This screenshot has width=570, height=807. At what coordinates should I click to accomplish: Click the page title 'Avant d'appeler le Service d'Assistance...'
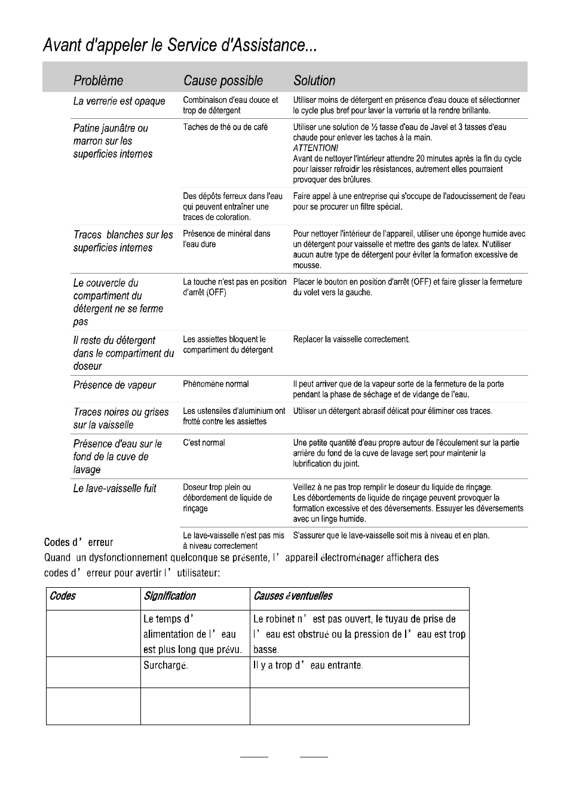(179, 45)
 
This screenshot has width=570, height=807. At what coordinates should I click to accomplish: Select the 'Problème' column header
(98, 81)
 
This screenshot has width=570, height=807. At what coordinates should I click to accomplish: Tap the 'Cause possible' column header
(223, 81)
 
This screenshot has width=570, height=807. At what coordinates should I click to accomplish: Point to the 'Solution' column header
(314, 81)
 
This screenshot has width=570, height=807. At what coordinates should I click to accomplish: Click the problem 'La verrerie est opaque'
(119, 101)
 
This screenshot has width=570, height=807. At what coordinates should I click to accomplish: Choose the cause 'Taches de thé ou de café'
(225, 127)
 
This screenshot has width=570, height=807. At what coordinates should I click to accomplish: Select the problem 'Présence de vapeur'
(114, 385)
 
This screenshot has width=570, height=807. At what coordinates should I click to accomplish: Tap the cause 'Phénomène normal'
(216, 384)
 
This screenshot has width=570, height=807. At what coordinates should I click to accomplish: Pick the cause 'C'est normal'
(204, 443)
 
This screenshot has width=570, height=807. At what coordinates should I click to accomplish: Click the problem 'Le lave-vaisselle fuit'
(115, 489)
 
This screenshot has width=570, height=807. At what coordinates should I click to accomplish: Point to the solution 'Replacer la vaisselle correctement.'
(351, 339)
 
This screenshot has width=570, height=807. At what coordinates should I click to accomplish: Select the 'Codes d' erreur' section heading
(78, 542)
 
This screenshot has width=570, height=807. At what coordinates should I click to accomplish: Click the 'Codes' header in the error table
(63, 596)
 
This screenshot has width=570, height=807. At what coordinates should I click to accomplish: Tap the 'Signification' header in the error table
(170, 596)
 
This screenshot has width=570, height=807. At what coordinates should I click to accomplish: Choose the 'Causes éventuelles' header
(293, 596)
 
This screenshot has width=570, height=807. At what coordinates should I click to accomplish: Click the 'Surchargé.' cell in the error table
(166, 665)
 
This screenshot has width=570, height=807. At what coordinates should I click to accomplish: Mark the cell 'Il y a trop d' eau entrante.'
(308, 665)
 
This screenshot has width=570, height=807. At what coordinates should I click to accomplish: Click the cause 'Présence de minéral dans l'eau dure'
(226, 239)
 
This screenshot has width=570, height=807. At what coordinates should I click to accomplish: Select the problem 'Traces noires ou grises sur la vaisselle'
(121, 418)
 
